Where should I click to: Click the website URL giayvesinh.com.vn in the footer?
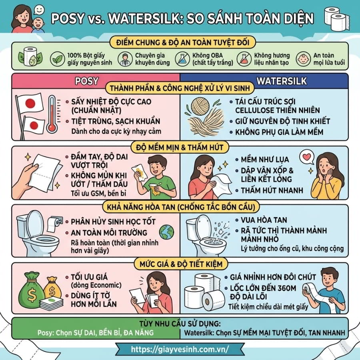(180, 349)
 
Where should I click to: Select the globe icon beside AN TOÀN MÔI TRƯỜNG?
(167, 232)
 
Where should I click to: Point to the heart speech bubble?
(307, 157)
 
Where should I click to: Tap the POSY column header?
(87, 81)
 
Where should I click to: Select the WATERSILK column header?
(282, 81)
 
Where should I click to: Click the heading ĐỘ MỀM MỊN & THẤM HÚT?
(180, 147)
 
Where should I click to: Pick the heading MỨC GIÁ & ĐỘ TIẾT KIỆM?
(181, 264)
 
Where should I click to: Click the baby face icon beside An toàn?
(303, 59)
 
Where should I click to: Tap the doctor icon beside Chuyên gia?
(125, 59)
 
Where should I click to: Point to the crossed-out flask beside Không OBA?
(182, 59)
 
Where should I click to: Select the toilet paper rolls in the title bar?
(336, 19)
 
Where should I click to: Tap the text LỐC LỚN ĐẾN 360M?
(263, 288)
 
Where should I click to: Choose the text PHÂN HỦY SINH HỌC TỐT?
(113, 222)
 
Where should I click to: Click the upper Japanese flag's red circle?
(30, 104)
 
